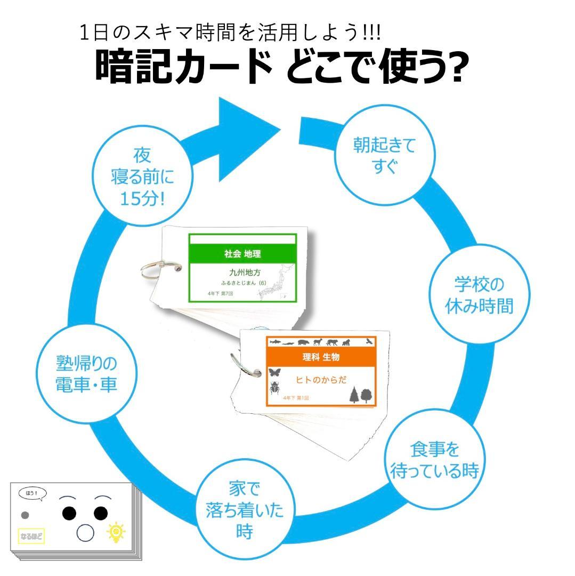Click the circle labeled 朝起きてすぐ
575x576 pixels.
tap(384, 155)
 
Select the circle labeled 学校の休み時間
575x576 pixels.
tap(479, 295)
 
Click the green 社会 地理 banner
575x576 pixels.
tap(242, 254)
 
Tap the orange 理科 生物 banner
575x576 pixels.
tap(321, 357)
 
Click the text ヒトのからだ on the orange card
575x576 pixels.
tap(321, 380)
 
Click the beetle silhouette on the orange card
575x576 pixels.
tap(275, 388)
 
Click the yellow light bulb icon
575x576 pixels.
tap(116, 532)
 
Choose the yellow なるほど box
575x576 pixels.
tap(30, 534)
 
